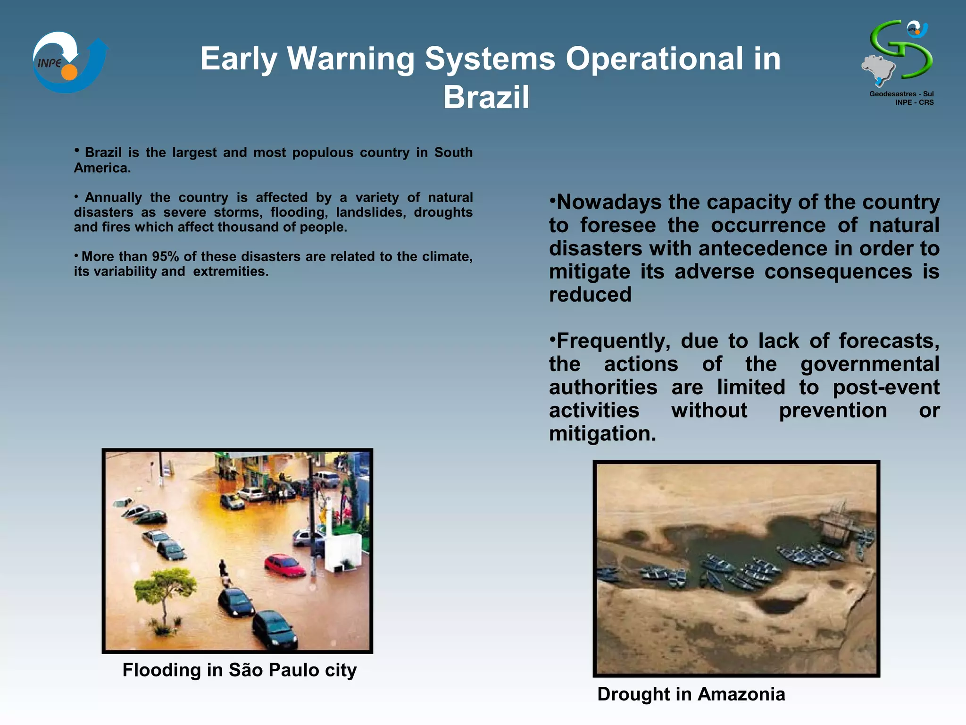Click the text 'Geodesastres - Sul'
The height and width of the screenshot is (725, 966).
[901, 94]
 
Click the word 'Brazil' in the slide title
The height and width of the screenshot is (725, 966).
[486, 97]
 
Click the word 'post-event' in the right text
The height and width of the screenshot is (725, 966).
[886, 387]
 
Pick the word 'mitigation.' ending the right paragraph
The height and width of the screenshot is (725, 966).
[602, 433]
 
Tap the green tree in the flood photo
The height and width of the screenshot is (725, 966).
[165, 590]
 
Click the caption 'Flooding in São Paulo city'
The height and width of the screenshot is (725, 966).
[239, 670]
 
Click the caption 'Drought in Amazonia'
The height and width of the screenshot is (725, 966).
[691, 694]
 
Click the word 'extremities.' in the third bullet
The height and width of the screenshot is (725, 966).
[230, 271]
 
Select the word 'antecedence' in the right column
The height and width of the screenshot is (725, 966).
[763, 248]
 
